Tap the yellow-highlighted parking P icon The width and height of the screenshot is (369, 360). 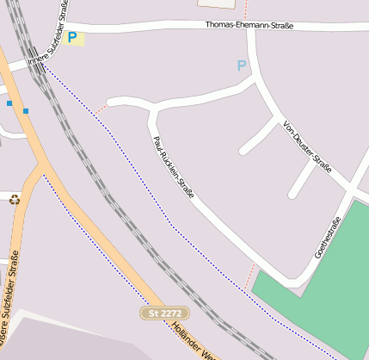[72, 38]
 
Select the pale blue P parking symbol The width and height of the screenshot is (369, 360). [242, 65]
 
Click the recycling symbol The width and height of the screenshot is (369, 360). [14, 200]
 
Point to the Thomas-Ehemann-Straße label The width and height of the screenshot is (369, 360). [249, 26]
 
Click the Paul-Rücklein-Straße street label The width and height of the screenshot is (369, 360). [173, 167]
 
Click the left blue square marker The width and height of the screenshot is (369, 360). [9, 103]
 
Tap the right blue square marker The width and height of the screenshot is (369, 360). [27, 110]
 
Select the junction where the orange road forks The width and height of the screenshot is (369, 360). [41, 164]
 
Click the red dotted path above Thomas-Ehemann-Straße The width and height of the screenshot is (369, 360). [245, 10]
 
